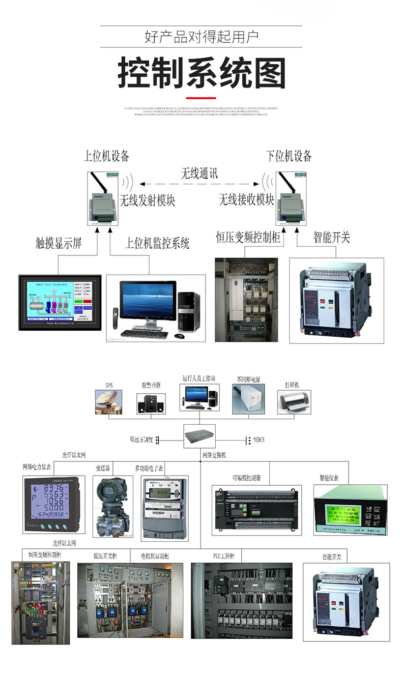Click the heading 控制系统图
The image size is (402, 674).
(x=202, y=74)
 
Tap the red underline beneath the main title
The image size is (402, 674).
(x=201, y=98)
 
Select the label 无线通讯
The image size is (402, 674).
(x=200, y=173)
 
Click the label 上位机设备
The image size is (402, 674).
(x=106, y=156)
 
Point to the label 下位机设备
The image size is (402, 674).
(x=289, y=156)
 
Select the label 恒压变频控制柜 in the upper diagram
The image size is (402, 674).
(x=248, y=238)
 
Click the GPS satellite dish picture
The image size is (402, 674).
(x=108, y=401)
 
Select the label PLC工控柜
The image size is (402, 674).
(x=224, y=556)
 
